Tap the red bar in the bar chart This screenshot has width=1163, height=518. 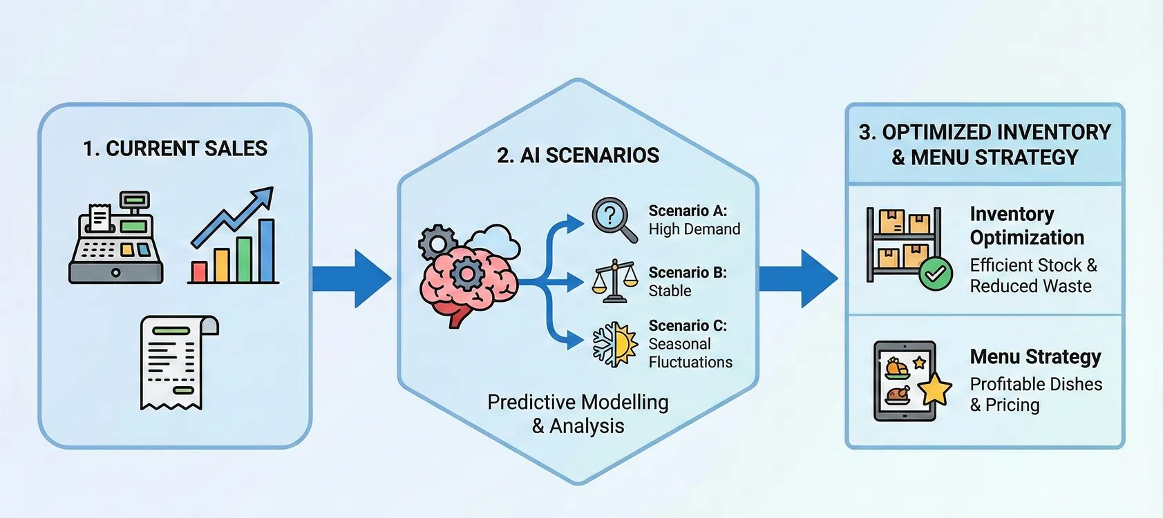pos(200,271)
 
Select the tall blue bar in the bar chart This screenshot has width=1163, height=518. pos(267,251)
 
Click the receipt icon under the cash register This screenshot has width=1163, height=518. pos(179,363)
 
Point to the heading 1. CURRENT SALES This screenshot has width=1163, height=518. pos(176,148)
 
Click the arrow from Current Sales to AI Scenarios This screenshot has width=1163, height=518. pos(352,278)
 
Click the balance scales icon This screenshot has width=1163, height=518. pos(615,281)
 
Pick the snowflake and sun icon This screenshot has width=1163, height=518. pos(615,345)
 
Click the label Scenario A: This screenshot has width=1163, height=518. pos(688,211)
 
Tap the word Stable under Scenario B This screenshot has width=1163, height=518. pos(670,291)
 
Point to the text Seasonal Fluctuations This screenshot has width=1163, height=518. pos(690,353)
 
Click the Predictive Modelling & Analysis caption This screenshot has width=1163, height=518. pos(578,414)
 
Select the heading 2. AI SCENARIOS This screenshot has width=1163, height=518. pos(578,155)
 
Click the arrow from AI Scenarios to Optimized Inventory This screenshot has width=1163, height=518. pos(799,278)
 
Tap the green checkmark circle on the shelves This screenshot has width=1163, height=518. pos(936,274)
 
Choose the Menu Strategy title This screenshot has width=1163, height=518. pos(1035,356)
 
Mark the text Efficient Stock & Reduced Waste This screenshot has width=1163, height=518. pos(1034,276)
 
